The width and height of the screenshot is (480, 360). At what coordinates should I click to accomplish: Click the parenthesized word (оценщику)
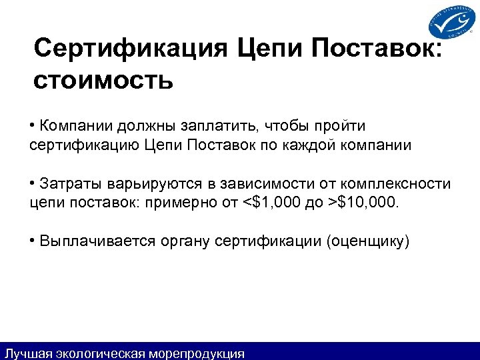coord(367,241)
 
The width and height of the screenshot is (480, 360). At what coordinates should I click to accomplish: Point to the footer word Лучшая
coord(25,353)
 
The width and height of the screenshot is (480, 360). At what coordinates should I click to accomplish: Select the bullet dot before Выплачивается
coord(33,241)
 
